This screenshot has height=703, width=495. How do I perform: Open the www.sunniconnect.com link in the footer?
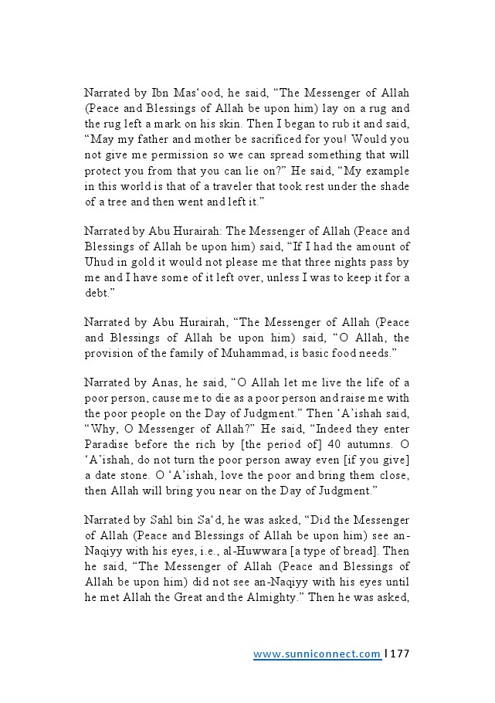pyautogui.click(x=317, y=654)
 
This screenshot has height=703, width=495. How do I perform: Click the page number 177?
pyautogui.click(x=399, y=654)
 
